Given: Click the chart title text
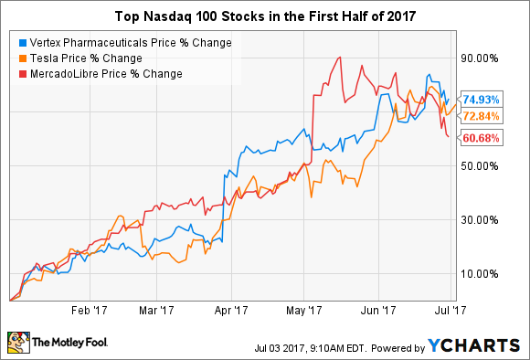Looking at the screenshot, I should [265, 16].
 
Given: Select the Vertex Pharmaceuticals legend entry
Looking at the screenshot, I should [122, 43].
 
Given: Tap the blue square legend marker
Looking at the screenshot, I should [22, 43].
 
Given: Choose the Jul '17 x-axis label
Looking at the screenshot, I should [456, 309].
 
